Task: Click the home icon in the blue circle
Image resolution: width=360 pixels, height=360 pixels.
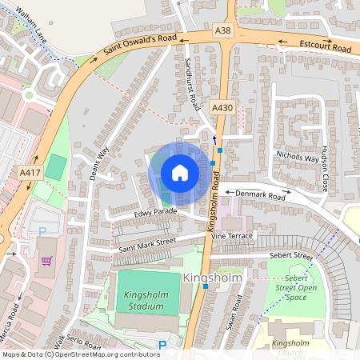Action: tap(180, 173)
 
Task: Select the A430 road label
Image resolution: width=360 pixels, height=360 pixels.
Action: tap(222, 107)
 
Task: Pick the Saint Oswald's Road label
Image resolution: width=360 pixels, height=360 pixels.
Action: tap(134, 50)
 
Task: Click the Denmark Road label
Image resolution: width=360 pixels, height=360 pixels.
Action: tap(265, 194)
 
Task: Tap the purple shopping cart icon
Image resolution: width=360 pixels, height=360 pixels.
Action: tap(46, 261)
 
